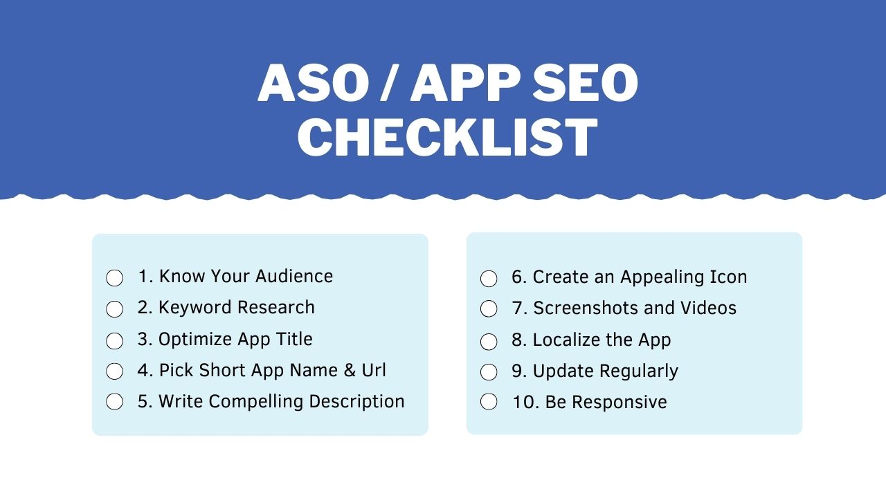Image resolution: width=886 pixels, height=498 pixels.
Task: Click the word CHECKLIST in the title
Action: coord(447,137)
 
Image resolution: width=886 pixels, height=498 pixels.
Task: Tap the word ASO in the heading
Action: coord(314,83)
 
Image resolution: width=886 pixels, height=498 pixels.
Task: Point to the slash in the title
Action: coord(390,83)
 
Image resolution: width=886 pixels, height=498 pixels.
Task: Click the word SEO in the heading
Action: coord(585,83)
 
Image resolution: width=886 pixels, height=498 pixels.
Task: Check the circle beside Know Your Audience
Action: coord(114,278)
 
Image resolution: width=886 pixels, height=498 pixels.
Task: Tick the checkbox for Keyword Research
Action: coord(114,309)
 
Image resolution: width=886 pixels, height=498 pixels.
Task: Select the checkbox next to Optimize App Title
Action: coord(114,341)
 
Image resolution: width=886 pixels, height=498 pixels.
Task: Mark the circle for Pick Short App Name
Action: coord(114,371)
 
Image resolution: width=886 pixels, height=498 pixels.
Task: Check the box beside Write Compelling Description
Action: coord(114,402)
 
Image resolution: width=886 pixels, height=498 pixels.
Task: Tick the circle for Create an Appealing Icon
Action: coord(489,279)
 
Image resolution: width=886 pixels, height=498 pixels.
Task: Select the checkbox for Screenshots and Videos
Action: coord(489,308)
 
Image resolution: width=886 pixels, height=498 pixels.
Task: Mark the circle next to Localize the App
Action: coord(489,342)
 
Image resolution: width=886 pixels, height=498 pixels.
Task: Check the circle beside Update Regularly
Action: coord(489,372)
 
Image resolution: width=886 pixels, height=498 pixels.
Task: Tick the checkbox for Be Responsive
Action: coord(489,402)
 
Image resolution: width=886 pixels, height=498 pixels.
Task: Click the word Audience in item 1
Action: coord(294,276)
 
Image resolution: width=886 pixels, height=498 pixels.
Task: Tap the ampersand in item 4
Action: coord(350,370)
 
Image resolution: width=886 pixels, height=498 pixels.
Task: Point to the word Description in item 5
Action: coord(356,402)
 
